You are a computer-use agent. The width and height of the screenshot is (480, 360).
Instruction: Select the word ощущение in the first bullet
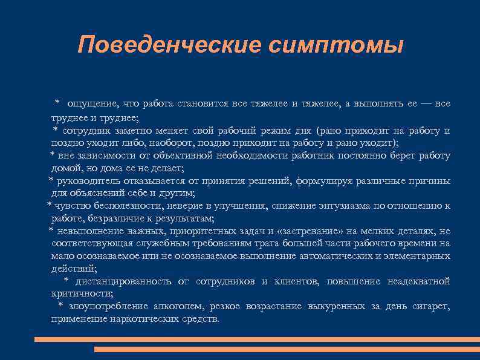click(x=87, y=103)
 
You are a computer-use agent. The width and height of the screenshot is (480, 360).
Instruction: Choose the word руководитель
click(x=86, y=180)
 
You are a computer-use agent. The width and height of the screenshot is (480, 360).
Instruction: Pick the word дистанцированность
click(x=125, y=281)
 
